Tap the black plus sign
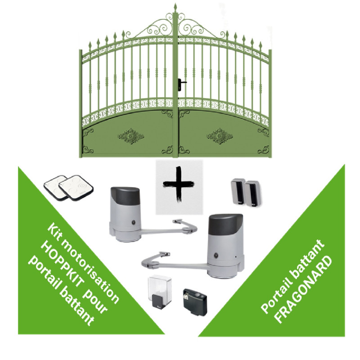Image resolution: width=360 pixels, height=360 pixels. tap(178, 184)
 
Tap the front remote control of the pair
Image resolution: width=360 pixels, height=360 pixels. tap(76, 188)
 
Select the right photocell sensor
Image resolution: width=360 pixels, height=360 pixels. tap(252, 193)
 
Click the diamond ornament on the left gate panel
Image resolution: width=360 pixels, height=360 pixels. tap(131, 136)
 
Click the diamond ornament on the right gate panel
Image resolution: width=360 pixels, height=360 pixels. tap(220, 136)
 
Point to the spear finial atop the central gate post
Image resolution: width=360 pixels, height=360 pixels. tap(175, 8)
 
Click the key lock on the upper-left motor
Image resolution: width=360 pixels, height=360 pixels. tap(133, 222)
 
